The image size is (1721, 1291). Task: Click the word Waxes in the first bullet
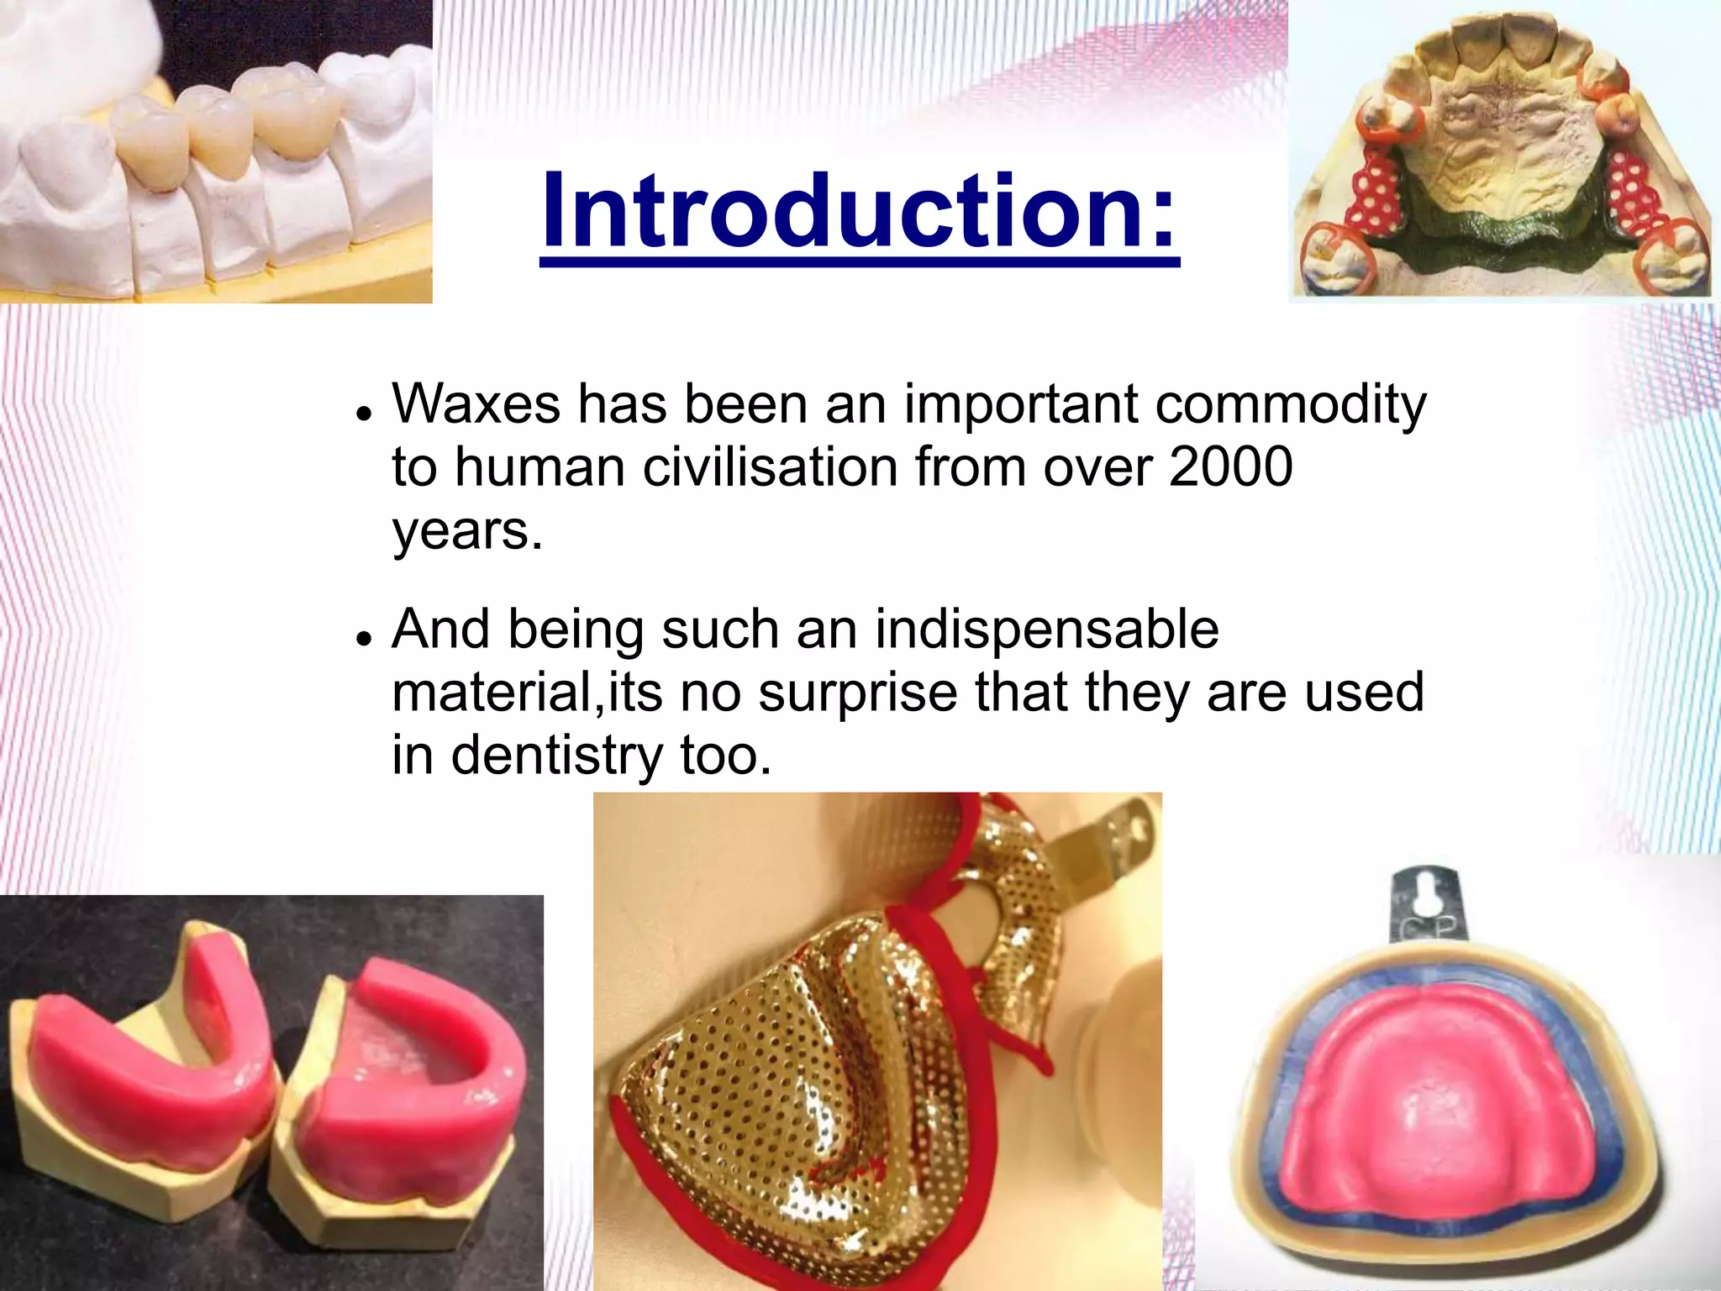click(476, 404)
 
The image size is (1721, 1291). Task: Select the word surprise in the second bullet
click(858, 693)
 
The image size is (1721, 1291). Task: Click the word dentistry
click(557, 756)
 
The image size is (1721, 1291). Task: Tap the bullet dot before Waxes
click(363, 414)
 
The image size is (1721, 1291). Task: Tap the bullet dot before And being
click(363, 639)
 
